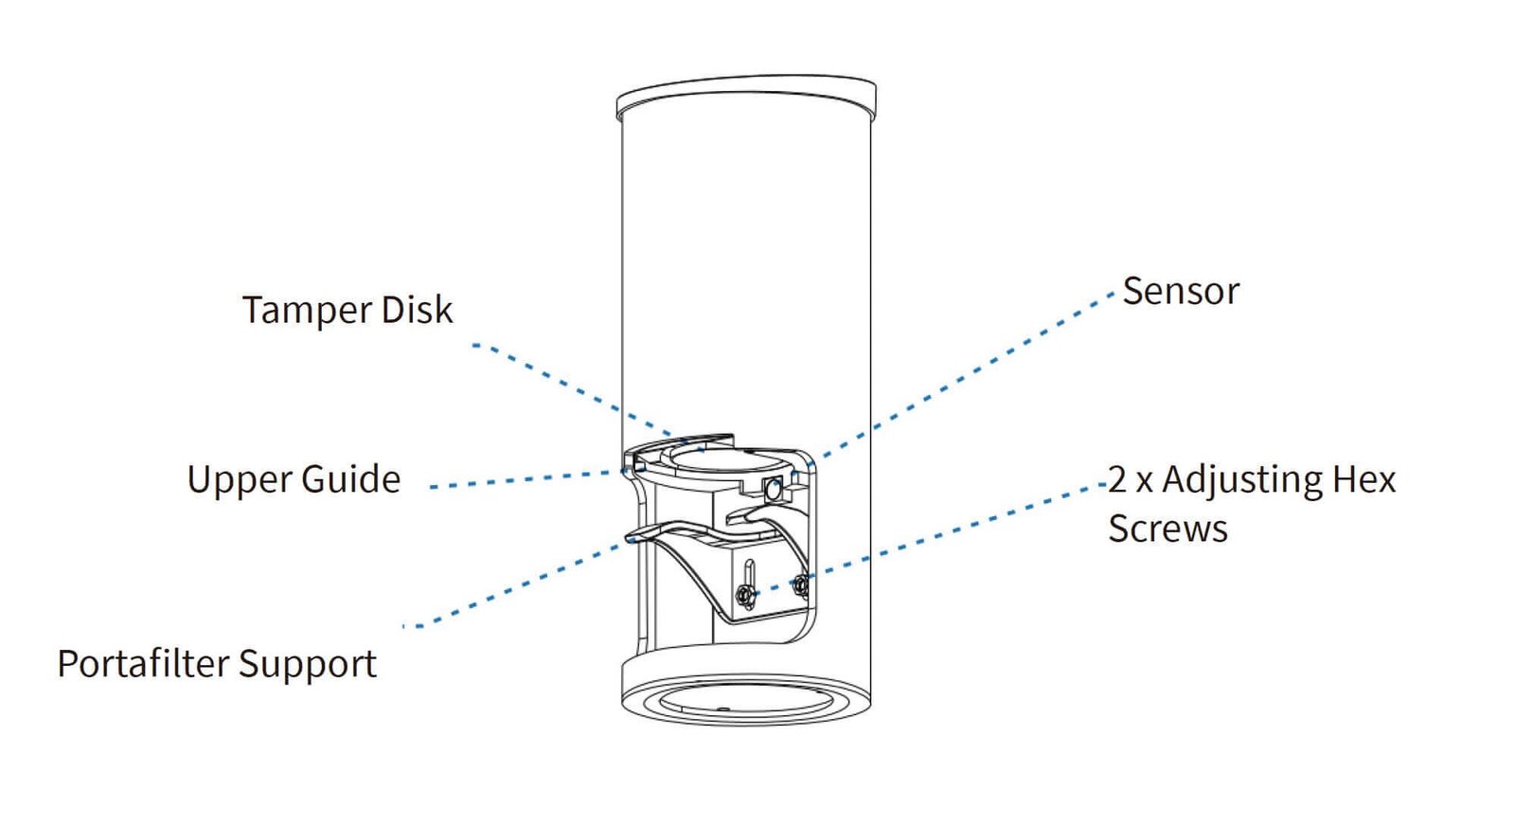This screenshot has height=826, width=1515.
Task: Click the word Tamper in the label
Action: pos(306,311)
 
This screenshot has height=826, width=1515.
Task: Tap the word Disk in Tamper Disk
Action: pos(417,310)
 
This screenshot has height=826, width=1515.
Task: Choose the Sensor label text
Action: pos(1180,292)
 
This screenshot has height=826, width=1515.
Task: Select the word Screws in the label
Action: pos(1167,529)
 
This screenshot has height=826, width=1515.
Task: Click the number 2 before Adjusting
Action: pos(1117,479)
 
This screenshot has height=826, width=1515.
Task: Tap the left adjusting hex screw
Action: pos(745,595)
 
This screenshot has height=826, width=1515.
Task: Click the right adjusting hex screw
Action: pos(800,585)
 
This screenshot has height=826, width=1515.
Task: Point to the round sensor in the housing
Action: pos(773,490)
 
